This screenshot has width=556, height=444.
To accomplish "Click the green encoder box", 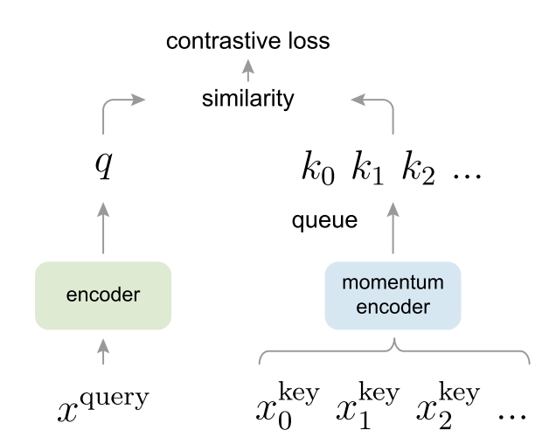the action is (103, 295).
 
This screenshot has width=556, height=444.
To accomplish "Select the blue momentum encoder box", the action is (393, 295).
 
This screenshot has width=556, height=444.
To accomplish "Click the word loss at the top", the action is (309, 41).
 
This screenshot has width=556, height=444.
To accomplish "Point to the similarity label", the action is (248, 99).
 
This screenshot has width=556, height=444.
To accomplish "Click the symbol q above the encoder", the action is (104, 165).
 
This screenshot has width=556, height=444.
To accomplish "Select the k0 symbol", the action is (318, 168).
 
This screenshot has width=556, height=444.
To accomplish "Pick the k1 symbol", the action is (368, 168).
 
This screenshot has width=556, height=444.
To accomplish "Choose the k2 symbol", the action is (419, 168).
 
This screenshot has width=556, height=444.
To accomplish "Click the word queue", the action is (324, 220).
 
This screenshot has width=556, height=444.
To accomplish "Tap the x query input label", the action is (103, 405).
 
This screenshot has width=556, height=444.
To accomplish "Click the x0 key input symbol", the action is (288, 405).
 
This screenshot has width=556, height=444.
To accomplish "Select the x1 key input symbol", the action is (368, 405).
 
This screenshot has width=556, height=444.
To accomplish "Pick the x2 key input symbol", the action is (448, 405).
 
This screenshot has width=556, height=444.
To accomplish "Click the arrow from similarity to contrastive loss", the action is (248, 70).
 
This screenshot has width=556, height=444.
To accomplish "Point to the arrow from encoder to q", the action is (103, 228).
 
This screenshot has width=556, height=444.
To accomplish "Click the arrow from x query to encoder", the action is (103, 351).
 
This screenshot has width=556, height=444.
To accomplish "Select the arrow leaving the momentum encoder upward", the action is (393, 228).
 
